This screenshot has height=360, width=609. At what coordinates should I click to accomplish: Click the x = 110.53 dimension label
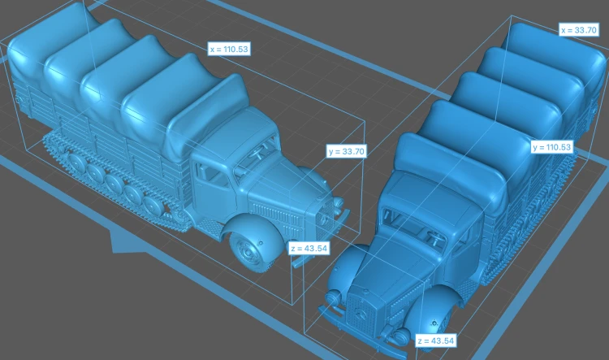(229, 50)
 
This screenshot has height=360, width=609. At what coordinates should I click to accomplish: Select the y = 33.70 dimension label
(347, 151)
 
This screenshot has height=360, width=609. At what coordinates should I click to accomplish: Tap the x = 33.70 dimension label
(578, 30)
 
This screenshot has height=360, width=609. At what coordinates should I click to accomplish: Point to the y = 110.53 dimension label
(551, 147)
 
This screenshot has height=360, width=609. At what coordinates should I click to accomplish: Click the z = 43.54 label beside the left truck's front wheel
(309, 248)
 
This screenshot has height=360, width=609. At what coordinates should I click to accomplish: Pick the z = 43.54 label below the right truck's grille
(435, 340)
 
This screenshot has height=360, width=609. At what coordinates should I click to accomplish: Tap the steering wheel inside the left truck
(258, 150)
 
